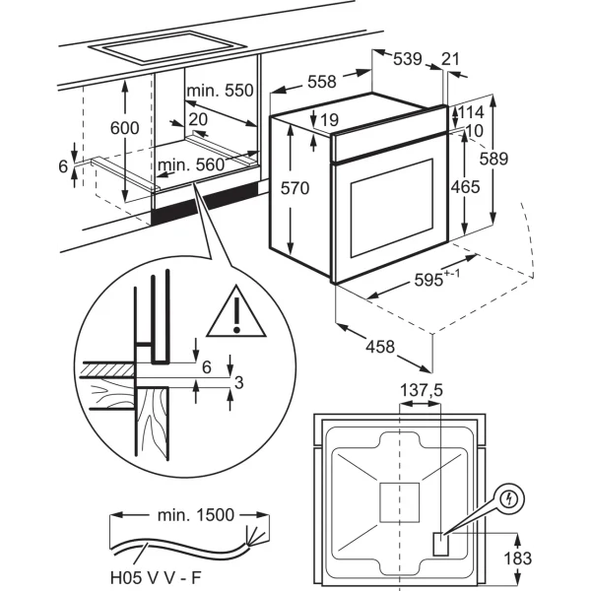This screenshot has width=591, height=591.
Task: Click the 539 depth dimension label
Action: (408, 59)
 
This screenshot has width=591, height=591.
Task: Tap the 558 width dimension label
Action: (321, 82)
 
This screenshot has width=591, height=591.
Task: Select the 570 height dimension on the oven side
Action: (295, 188)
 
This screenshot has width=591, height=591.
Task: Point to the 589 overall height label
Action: (493, 159)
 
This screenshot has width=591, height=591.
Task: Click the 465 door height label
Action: (466, 187)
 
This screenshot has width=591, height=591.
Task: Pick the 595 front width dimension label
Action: (437, 279)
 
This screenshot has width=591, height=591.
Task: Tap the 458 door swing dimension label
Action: (380, 347)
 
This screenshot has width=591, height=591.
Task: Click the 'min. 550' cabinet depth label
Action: (220, 91)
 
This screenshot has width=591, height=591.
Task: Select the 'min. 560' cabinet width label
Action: (191, 165)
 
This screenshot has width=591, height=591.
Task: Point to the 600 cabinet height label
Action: (124, 128)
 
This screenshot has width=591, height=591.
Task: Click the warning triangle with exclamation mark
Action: (236, 312)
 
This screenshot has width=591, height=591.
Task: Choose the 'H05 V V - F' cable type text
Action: (156, 577)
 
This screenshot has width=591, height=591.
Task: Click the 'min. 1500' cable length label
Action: (196, 515)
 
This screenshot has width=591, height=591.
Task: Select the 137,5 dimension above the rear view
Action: (421, 390)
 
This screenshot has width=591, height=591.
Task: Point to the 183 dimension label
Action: (517, 558)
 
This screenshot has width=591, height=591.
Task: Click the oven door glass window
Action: (392, 208)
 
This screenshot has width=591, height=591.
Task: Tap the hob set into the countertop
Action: (166, 48)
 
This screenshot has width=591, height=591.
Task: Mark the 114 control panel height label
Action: (470, 112)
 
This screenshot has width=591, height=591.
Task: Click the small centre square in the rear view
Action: (399, 502)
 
